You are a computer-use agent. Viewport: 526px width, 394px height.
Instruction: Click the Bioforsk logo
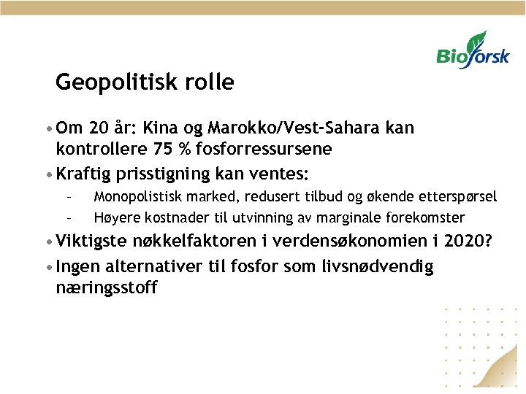click(x=472, y=50)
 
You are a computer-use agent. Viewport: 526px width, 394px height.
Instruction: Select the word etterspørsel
click(x=457, y=196)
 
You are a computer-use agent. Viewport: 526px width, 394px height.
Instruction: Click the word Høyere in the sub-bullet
click(x=114, y=217)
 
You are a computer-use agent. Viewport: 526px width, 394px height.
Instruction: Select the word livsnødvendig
click(x=377, y=267)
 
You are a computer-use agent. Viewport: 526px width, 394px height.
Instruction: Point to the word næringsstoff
click(x=107, y=287)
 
